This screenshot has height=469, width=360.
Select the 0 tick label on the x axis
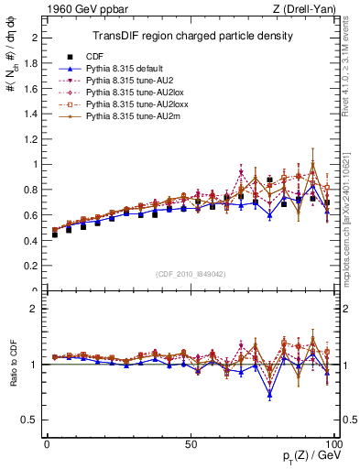coord(47,442)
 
